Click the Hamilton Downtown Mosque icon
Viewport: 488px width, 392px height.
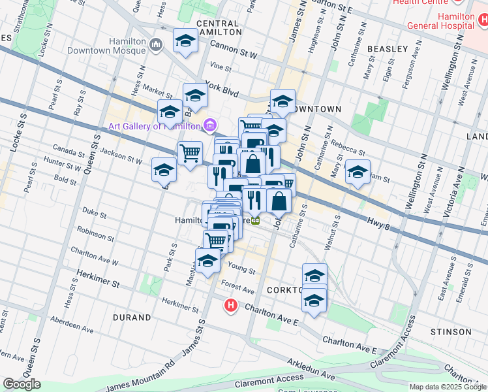pyautogui.click(x=155, y=45)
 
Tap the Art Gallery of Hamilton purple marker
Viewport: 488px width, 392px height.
pyautogui.click(x=209, y=125)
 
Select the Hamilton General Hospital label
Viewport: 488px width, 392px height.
pyautogui.click(x=439, y=21)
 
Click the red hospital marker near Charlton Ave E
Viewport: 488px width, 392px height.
pyautogui.click(x=230, y=304)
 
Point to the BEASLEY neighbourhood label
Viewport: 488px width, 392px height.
pyautogui.click(x=388, y=49)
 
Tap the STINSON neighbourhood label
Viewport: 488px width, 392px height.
pyautogui.click(x=451, y=332)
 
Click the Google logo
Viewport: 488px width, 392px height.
pyautogui.click(x=22, y=384)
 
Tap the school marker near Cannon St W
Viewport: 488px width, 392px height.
pyautogui.click(x=186, y=42)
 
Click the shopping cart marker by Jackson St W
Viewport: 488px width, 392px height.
pyautogui.click(x=190, y=154)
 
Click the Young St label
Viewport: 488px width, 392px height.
pyautogui.click(x=242, y=269)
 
